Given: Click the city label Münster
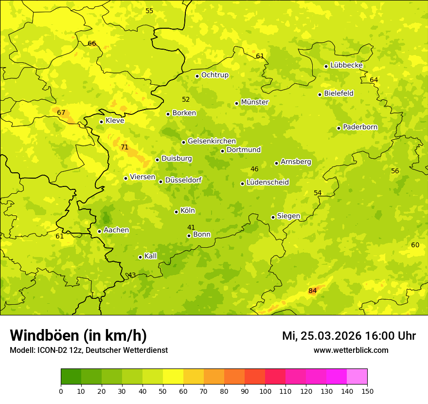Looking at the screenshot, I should coord(254,102).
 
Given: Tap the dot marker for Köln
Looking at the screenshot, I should coord(176,212).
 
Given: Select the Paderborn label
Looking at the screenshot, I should coord(360,127).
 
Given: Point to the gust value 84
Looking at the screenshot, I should coord(312,291).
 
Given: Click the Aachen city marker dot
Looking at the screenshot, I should coord(99,232).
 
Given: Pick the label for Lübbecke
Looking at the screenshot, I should coord(346,65).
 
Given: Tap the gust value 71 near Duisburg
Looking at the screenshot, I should coord(125,147).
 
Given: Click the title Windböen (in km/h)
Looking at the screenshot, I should coord(78,335).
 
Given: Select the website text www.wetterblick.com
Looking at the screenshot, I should coord(351,350).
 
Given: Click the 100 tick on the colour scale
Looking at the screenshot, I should coord(265,391).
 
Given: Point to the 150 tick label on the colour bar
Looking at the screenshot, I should coord(367,391).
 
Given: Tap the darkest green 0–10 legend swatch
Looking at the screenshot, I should coord(71,377).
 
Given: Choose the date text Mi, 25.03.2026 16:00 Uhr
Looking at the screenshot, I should coord(349,336).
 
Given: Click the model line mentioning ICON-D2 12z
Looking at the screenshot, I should coord(89,350).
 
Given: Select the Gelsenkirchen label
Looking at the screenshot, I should coord(212,141).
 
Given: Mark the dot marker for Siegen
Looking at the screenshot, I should coord(273,217).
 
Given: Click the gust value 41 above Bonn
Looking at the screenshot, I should coord(191,227).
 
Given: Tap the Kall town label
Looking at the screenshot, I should coord(150,256).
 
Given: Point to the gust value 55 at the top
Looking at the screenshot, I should coord(149,11).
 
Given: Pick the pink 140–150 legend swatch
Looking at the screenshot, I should coord(357,377).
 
